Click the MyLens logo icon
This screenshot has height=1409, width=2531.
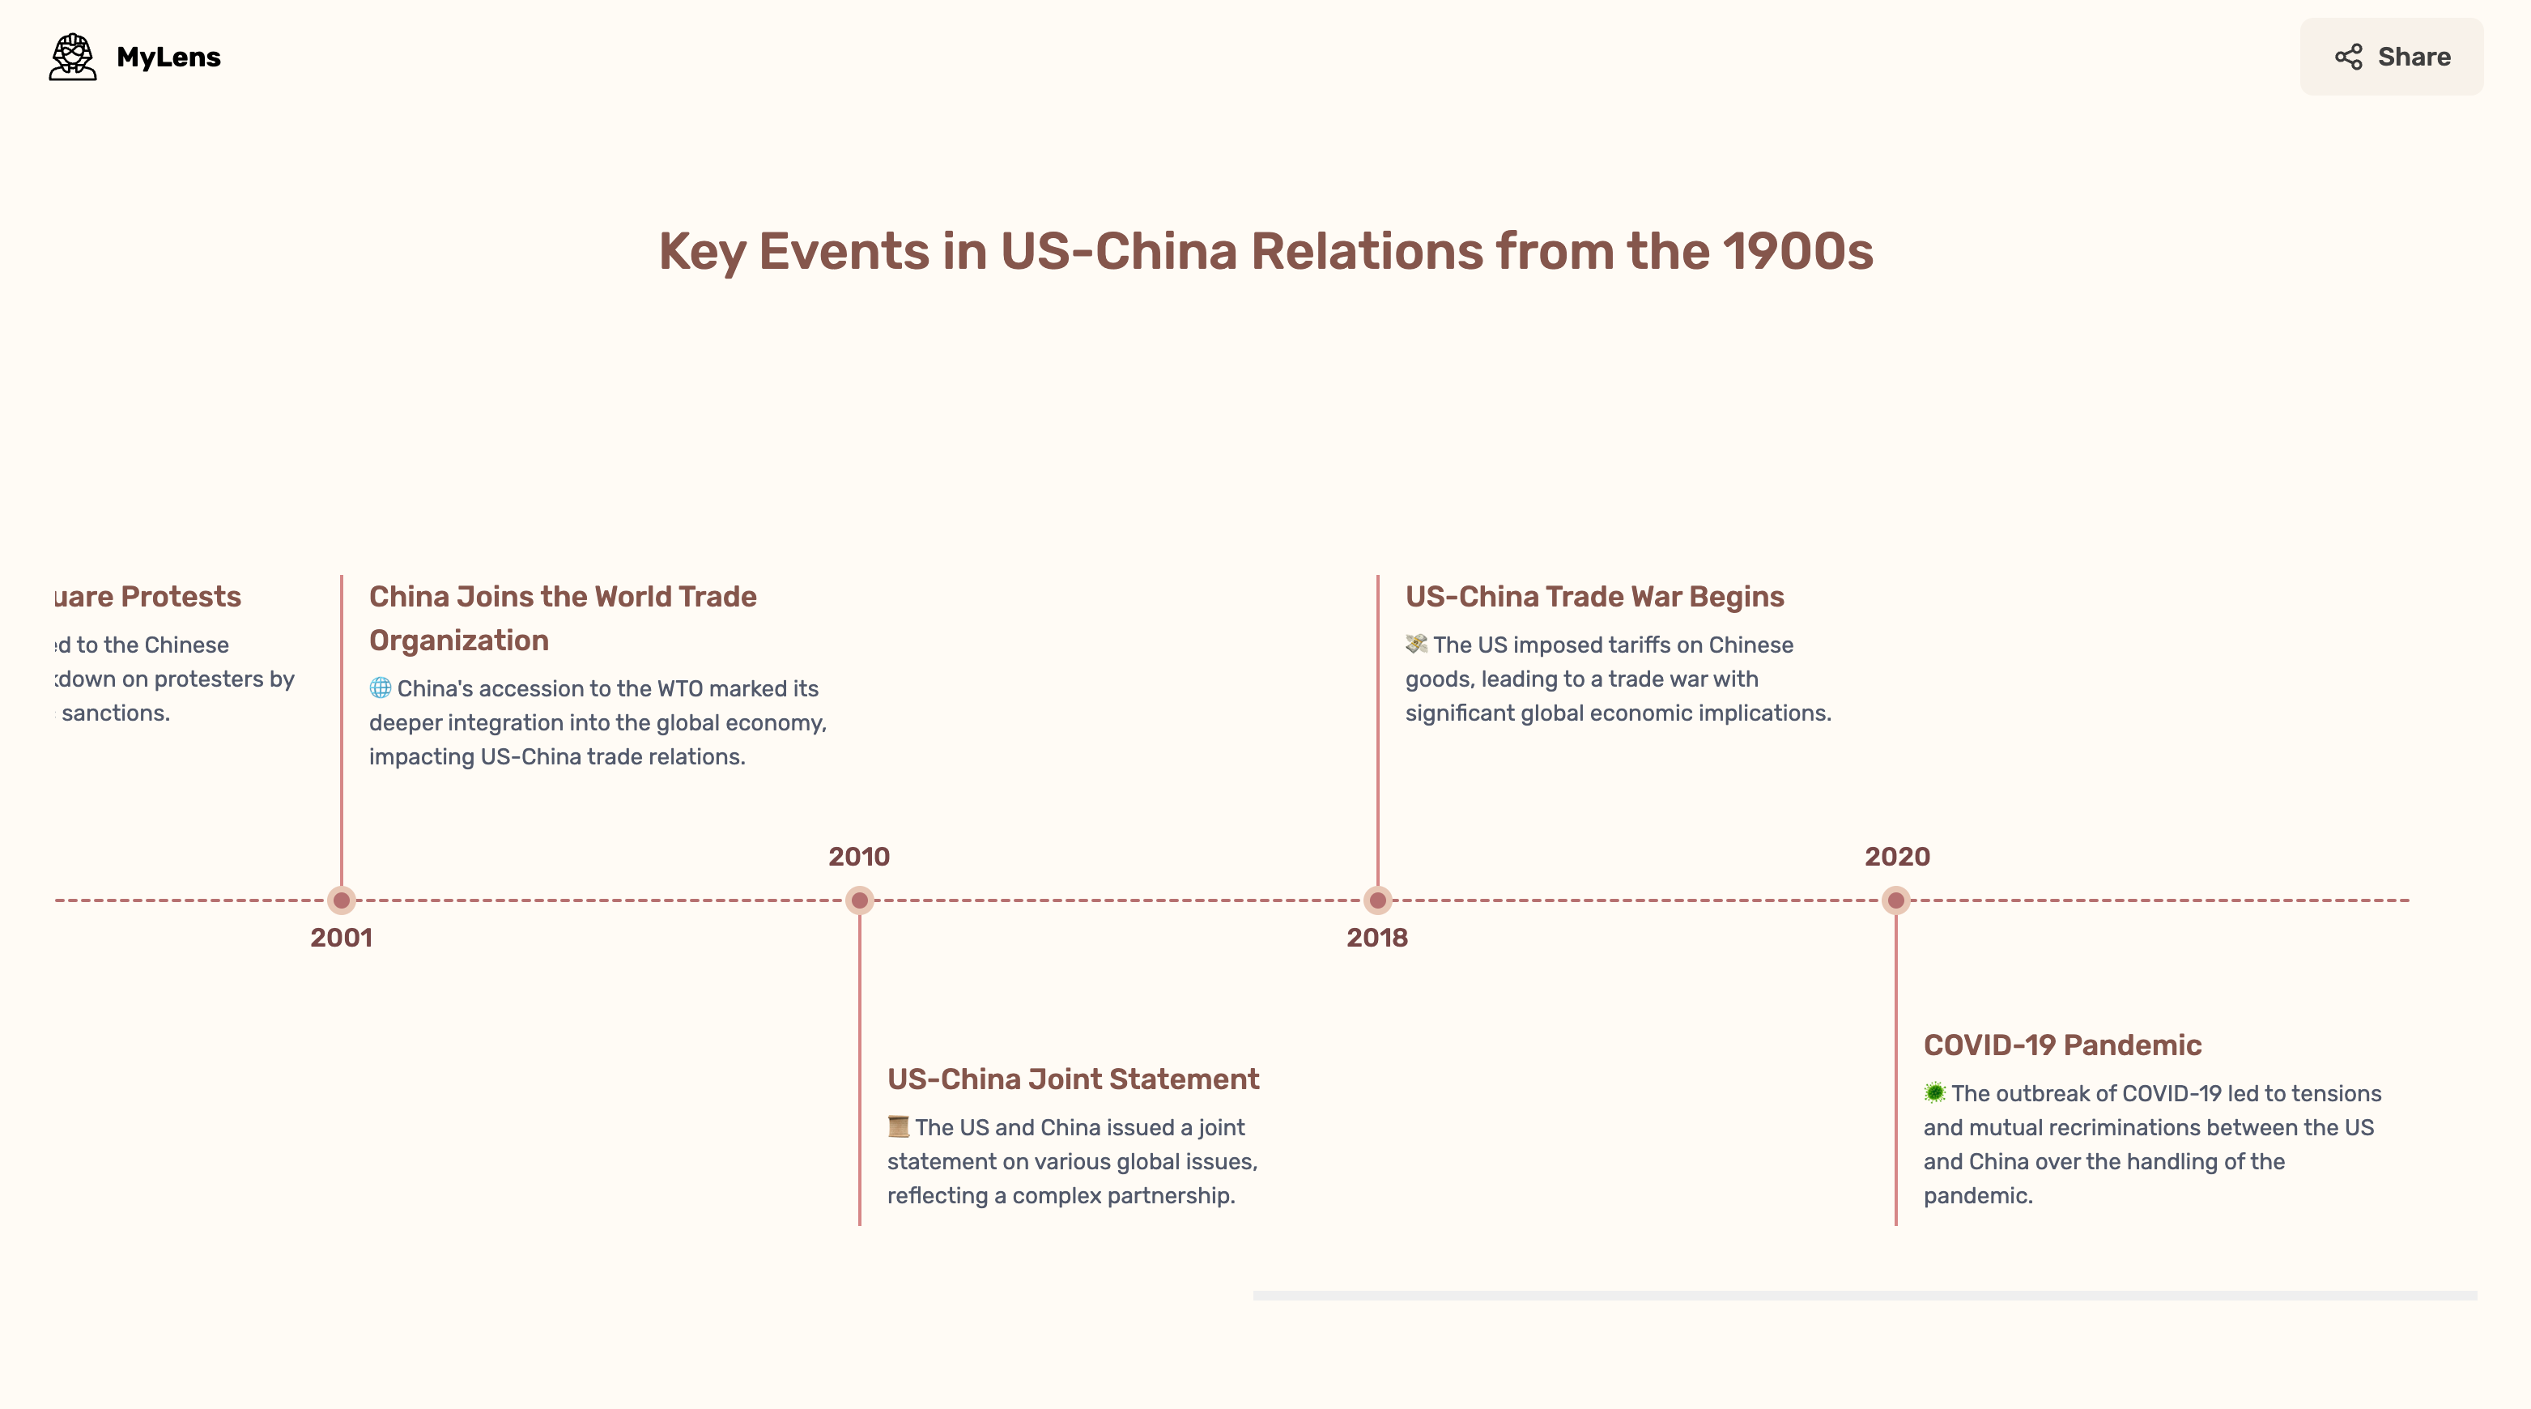point(73,57)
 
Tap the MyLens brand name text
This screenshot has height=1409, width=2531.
point(168,57)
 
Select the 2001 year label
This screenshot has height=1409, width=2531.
point(341,938)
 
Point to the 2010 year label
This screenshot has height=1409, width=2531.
point(859,857)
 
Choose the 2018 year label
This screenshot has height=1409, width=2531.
point(1376,938)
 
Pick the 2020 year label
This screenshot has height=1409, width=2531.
point(1896,857)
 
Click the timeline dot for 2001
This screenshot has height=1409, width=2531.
point(341,900)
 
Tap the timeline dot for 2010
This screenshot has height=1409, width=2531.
point(860,900)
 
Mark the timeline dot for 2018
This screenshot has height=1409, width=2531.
point(1377,900)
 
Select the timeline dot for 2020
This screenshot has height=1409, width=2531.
point(1895,900)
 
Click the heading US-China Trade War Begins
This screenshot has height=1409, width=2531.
point(1593,597)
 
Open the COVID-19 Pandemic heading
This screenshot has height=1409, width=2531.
point(2061,1045)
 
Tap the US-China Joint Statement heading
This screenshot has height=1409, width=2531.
point(1072,1079)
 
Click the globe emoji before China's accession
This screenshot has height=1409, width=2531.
point(381,687)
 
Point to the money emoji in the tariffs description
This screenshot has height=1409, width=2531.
point(1416,644)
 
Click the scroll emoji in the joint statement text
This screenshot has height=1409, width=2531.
point(898,1126)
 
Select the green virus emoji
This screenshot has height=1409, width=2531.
point(1933,1092)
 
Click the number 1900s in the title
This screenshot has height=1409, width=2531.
point(1798,252)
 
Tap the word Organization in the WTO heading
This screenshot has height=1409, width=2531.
point(459,641)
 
